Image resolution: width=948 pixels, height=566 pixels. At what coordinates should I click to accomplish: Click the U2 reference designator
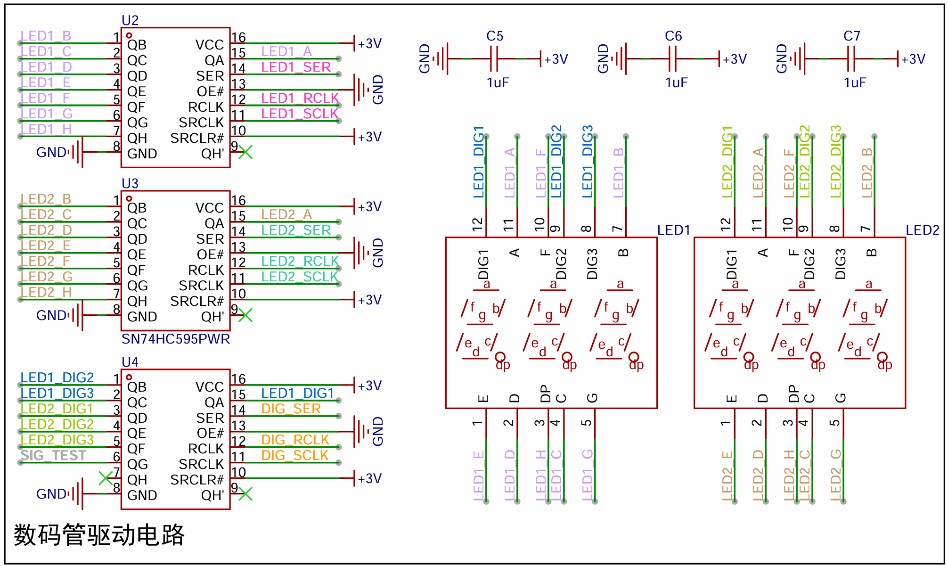130,20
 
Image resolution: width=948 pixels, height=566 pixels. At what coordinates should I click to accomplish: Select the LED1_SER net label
296,67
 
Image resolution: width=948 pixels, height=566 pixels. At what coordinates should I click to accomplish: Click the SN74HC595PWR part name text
176,339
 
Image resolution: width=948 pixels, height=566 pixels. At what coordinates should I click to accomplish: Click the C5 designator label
495,36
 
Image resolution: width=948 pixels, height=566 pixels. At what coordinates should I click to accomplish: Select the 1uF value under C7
855,82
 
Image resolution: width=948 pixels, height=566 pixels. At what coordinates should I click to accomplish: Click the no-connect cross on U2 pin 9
245,152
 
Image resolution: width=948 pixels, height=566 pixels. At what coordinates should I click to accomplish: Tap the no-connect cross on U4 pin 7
106,478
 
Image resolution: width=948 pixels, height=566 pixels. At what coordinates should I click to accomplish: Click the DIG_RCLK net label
295,440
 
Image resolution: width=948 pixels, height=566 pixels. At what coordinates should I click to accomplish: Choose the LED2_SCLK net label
300,277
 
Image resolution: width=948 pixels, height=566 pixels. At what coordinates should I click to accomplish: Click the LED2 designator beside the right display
923,230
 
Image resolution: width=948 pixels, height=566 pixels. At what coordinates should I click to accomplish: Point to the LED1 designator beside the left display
674,230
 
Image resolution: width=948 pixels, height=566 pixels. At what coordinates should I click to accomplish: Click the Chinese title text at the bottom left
99,535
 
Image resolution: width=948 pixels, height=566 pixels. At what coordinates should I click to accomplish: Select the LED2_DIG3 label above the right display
835,162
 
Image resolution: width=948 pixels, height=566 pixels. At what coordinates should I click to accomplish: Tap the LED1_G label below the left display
587,475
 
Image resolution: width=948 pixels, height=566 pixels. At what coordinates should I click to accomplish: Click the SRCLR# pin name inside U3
197,301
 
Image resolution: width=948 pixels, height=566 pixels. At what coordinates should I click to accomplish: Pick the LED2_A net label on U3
286,214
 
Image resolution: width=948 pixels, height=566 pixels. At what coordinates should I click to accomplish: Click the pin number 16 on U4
238,379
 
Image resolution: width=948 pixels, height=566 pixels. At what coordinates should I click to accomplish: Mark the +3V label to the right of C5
556,59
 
